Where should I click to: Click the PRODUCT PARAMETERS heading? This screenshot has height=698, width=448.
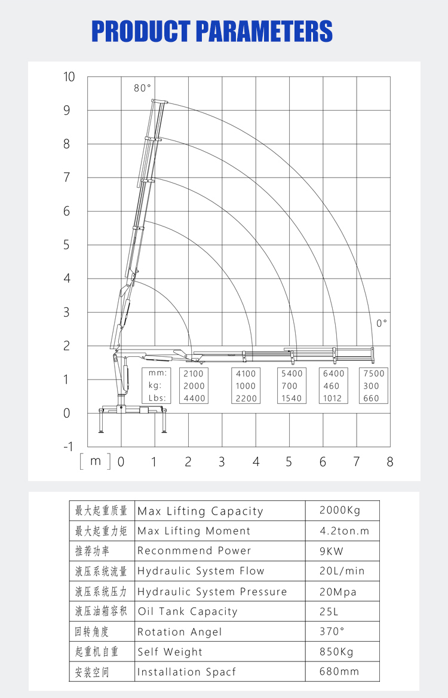(x=212, y=31)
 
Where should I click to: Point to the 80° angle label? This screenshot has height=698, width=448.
(x=142, y=88)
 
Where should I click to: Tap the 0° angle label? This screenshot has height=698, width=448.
(x=382, y=323)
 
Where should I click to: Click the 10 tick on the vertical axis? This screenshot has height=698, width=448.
(x=69, y=76)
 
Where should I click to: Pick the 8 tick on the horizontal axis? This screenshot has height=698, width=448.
(x=390, y=462)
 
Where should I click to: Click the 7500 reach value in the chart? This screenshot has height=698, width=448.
(x=374, y=374)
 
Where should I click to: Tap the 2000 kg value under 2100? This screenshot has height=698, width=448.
(x=194, y=386)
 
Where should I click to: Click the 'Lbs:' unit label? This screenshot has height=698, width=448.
(x=157, y=399)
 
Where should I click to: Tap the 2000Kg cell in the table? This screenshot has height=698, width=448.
(x=340, y=510)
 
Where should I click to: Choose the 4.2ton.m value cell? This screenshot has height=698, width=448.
(x=345, y=531)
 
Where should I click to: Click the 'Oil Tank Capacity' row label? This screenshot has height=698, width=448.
(x=188, y=611)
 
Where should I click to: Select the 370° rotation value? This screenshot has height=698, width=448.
(x=332, y=632)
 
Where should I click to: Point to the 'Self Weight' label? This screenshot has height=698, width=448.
(x=170, y=652)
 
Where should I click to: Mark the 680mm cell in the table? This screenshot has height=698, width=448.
(x=339, y=672)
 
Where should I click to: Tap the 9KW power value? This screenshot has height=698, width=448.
(x=332, y=551)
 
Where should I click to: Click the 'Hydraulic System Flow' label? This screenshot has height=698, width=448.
(x=201, y=571)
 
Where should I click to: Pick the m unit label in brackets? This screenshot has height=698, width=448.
(x=96, y=461)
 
